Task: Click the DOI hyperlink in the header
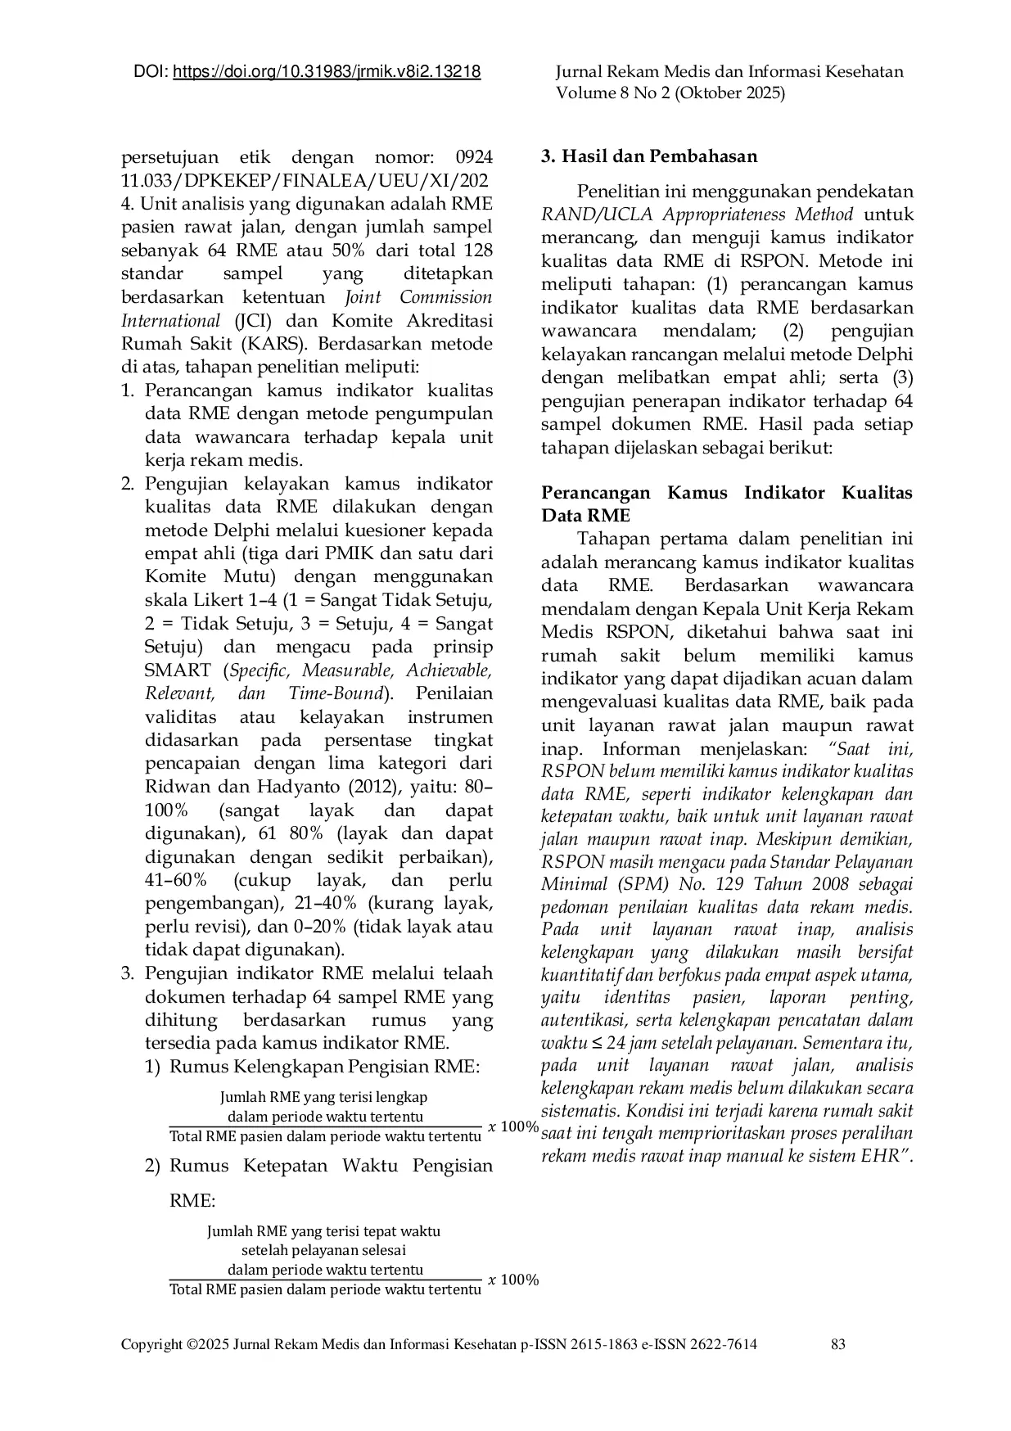[x=327, y=72]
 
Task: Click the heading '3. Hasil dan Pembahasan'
[x=649, y=156]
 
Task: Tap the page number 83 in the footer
[x=837, y=1344]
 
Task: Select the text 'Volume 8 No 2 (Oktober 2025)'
[x=670, y=93]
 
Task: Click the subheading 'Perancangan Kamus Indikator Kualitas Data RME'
[x=726, y=504]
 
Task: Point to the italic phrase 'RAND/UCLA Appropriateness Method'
[x=697, y=215]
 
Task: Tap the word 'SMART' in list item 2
[x=178, y=670]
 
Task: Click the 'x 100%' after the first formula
[x=513, y=1127]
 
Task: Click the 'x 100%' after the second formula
[x=513, y=1280]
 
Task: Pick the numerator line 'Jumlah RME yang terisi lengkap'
[x=324, y=1097]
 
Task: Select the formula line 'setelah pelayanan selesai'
[x=324, y=1250]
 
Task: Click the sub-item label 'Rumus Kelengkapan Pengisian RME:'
[x=324, y=1067]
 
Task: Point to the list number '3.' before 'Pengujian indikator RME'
[x=128, y=974]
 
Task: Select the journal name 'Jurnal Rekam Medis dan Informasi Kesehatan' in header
[x=729, y=72]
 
